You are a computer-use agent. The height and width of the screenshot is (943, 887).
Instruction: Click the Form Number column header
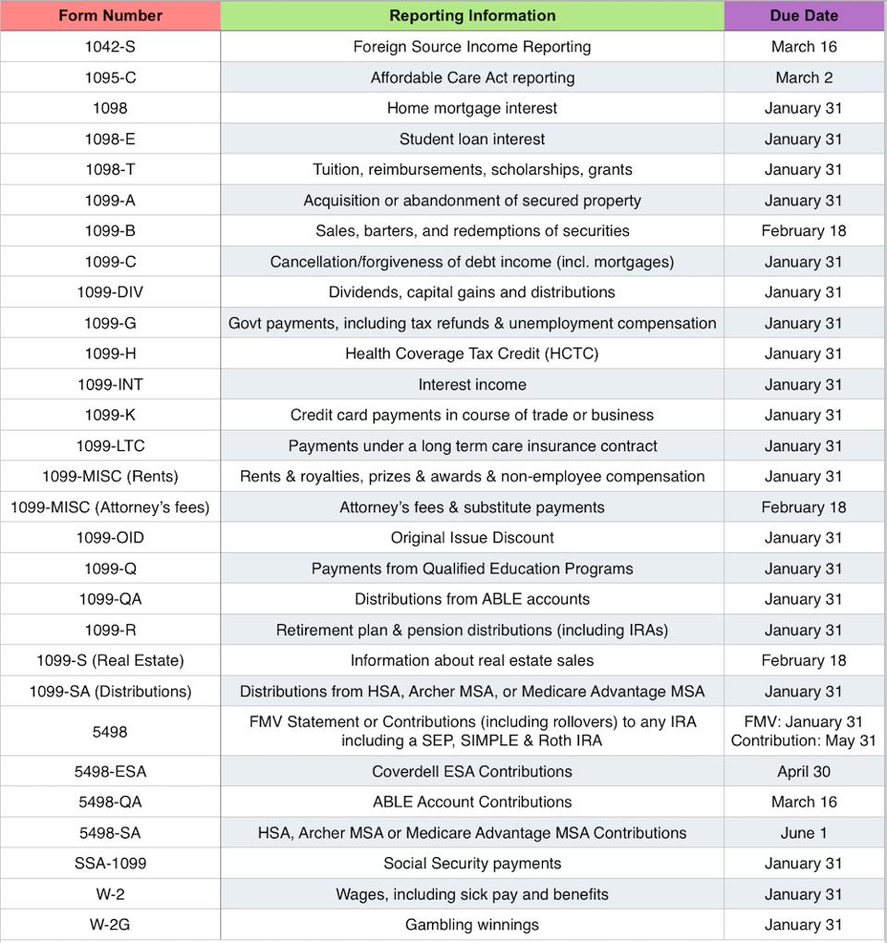tap(110, 16)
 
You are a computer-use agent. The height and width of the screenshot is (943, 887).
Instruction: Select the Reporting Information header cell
tap(472, 16)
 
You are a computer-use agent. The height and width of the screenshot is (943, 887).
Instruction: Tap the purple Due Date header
tap(804, 16)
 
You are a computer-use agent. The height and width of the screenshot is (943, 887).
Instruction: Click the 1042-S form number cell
tap(110, 46)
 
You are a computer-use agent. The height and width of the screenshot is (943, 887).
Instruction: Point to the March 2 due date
tap(804, 78)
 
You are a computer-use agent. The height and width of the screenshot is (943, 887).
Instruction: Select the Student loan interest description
tap(472, 139)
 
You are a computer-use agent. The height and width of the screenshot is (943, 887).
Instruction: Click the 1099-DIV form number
tap(110, 292)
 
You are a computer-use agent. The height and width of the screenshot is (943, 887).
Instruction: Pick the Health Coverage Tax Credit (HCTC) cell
tap(472, 353)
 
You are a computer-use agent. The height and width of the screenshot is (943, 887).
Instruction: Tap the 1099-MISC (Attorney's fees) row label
tap(110, 507)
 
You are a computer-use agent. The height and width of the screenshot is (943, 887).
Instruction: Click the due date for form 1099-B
tap(804, 230)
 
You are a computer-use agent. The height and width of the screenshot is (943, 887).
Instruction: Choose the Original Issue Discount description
tap(472, 537)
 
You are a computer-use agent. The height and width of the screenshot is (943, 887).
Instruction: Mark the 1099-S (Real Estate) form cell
tap(110, 660)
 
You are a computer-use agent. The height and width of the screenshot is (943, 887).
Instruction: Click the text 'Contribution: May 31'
tap(804, 741)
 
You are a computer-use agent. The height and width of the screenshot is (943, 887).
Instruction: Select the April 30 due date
tap(804, 771)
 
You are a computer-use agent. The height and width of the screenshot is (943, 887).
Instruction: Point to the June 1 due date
tap(804, 833)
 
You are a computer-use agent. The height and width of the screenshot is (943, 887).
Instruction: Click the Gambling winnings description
tap(472, 925)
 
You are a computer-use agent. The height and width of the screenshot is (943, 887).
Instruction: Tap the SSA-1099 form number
tap(110, 863)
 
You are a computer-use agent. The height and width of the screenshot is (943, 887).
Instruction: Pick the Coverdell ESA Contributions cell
tap(472, 771)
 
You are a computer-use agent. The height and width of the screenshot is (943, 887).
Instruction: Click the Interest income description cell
tap(472, 385)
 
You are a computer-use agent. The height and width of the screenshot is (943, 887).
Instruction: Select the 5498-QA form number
tap(110, 802)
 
